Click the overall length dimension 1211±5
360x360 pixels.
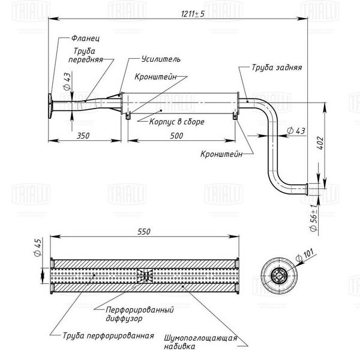click(193, 14)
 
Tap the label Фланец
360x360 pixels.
click(85, 38)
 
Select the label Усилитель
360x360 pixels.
click(161, 59)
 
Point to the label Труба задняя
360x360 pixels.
click(277, 67)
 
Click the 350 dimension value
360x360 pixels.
click(83, 136)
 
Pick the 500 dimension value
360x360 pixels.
click(176, 136)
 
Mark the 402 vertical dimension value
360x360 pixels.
click(320, 143)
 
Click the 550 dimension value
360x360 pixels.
click(144, 232)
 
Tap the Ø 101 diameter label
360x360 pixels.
click(305, 255)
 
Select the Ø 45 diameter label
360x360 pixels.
click(38, 247)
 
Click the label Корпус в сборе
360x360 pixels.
click(177, 121)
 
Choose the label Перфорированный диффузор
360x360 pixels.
click(140, 314)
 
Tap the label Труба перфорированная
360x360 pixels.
click(109, 335)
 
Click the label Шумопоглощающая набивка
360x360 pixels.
click(200, 342)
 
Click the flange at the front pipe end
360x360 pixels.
click(50, 106)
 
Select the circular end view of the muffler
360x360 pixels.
click(279, 275)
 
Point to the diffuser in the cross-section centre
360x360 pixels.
click(145, 275)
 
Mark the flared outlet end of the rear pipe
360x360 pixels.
click(306, 190)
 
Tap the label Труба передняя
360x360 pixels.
click(86, 55)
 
